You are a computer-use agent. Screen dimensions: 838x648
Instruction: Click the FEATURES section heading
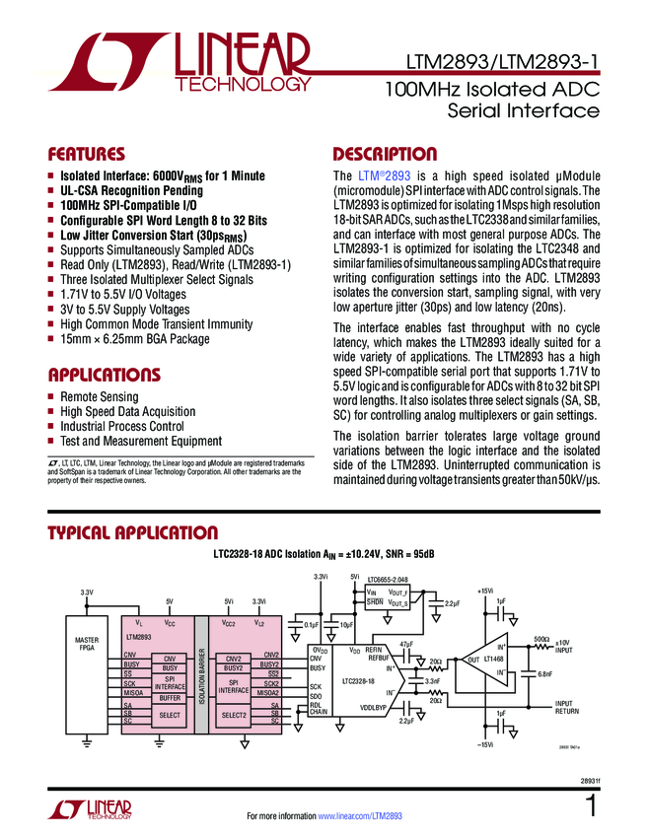pos(87,155)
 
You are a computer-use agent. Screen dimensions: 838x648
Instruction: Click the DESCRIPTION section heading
pos(385,155)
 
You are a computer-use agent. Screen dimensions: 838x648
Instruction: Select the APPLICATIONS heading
pos(105,375)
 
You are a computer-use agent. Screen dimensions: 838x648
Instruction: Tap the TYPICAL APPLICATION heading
pos(133,533)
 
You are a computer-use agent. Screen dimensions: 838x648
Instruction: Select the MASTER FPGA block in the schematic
pos(87,645)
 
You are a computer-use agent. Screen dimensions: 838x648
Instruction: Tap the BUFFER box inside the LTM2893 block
pos(170,697)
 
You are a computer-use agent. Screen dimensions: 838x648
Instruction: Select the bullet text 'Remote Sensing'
pos(99,396)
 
